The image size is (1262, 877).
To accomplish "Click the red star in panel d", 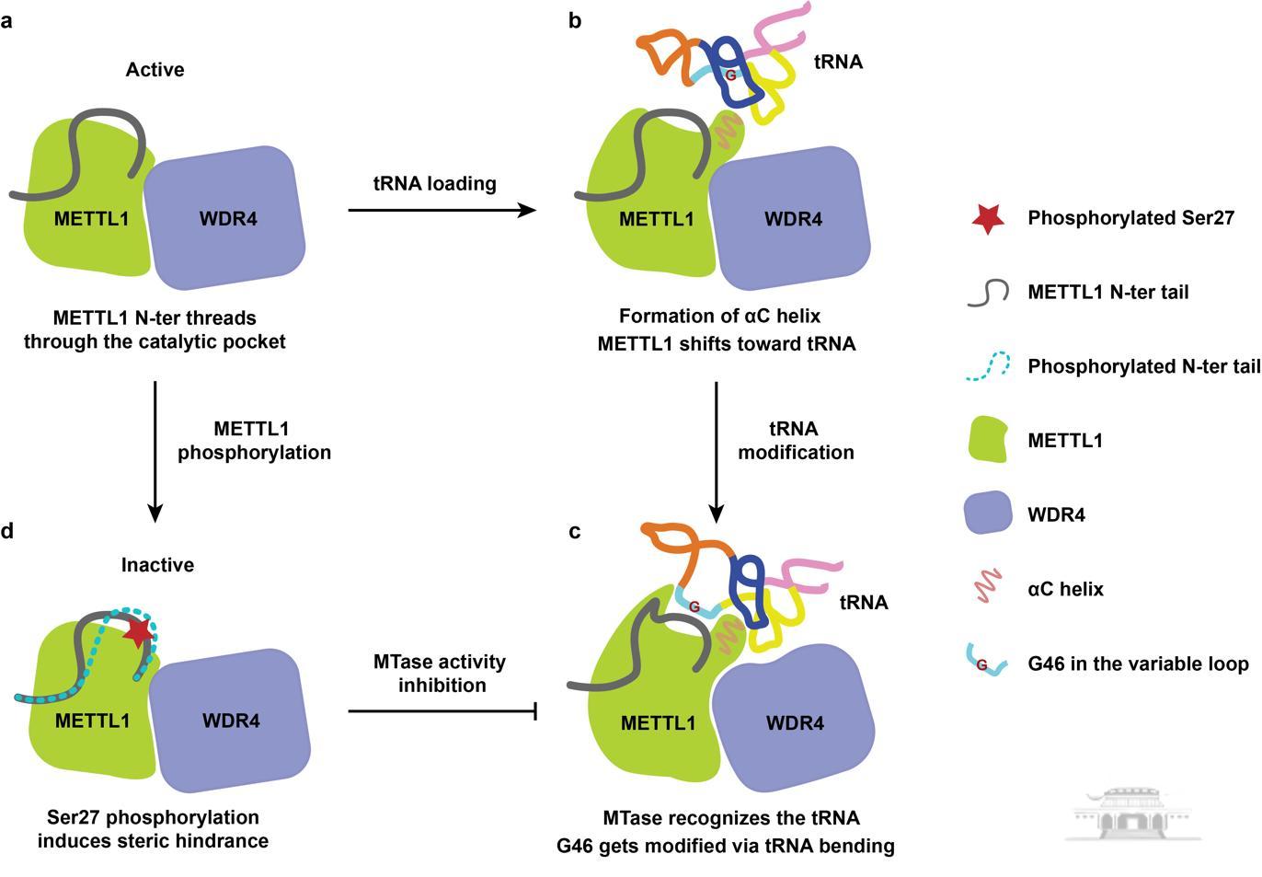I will (x=139, y=632).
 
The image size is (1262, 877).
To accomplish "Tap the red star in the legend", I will (x=987, y=218).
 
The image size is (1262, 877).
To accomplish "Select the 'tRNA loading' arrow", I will (x=442, y=210).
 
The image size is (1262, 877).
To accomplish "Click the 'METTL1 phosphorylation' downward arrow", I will (x=155, y=451).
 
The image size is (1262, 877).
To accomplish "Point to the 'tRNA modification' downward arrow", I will (x=717, y=451).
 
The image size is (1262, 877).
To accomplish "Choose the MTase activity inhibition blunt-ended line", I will (x=442, y=710).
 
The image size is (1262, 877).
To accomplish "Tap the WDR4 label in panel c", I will (x=795, y=723).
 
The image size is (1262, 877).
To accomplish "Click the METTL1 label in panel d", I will (x=92, y=721).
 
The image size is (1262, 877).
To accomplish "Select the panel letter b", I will (x=575, y=20).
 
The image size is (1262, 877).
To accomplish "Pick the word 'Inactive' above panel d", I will (x=157, y=565).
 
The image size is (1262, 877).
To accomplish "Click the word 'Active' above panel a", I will (x=155, y=70).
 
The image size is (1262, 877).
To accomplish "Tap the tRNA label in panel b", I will (x=838, y=63).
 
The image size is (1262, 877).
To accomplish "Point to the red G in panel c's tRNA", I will (x=694, y=606).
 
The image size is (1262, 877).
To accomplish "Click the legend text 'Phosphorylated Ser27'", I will (x=1130, y=218).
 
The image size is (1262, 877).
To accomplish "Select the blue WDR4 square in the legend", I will (x=989, y=514).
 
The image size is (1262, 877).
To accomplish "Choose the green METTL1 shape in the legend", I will (x=989, y=439).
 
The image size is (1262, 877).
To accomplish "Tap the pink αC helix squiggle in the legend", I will (x=988, y=586).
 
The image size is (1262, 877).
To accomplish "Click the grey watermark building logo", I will (x=1133, y=813).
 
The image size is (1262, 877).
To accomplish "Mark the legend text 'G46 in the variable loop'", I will (x=1138, y=664).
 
